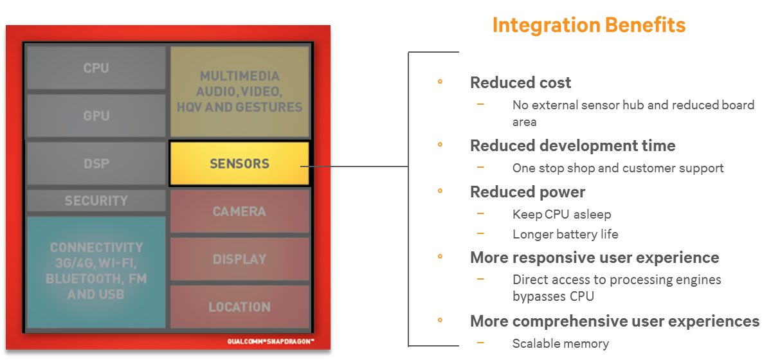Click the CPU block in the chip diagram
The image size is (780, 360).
(x=96, y=67)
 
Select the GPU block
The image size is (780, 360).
(x=96, y=116)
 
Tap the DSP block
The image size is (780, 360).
(x=96, y=163)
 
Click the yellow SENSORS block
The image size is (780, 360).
(x=239, y=163)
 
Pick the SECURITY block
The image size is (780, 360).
(x=96, y=201)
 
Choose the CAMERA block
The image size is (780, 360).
(x=239, y=211)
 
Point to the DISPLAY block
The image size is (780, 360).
(x=239, y=259)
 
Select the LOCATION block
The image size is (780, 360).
(x=239, y=307)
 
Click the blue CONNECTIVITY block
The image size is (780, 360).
(x=96, y=271)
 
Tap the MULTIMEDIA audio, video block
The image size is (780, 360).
(x=239, y=91)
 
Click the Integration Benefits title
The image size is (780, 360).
(x=588, y=25)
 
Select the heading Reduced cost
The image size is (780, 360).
(x=520, y=83)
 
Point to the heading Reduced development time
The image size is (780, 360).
(x=572, y=145)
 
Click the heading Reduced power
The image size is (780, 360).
(x=527, y=192)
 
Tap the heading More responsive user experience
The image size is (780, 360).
(x=594, y=257)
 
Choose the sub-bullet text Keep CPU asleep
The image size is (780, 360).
(x=561, y=215)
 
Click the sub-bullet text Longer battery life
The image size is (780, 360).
(x=565, y=234)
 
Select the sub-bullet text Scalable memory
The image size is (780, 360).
(x=560, y=343)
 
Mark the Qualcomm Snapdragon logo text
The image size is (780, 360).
(x=270, y=341)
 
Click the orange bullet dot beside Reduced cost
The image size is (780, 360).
(x=440, y=82)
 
